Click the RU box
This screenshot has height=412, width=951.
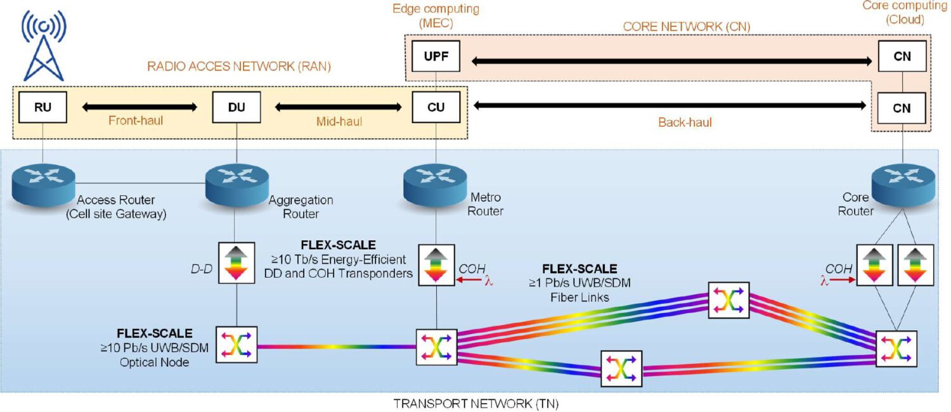[42, 107]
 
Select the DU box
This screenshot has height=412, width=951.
[236, 107]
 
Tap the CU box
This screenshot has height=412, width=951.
[436, 107]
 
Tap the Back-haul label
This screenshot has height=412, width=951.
[685, 122]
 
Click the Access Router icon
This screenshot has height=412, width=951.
[42, 184]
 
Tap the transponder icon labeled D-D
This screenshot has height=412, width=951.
[236, 262]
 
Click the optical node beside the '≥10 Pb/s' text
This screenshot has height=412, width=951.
[236, 345]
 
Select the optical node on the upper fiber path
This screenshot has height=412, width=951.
[728, 300]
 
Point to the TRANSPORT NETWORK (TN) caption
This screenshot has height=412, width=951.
[475, 403]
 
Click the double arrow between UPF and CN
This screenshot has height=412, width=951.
[672, 61]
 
